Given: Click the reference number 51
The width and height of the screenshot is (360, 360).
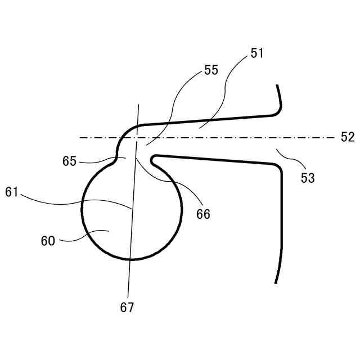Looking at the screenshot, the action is pyautogui.click(x=257, y=54).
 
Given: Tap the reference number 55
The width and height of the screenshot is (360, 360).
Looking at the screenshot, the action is pyautogui.click(x=211, y=70).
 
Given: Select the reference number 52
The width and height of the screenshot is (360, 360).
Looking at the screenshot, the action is pyautogui.click(x=348, y=137).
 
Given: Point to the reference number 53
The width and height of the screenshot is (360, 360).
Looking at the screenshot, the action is pyautogui.click(x=307, y=178).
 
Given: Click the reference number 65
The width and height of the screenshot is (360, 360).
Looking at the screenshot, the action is pyautogui.click(x=70, y=161).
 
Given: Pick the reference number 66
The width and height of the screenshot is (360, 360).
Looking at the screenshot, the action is pyautogui.click(x=203, y=214).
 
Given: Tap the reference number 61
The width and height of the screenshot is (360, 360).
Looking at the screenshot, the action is pyautogui.click(x=12, y=192).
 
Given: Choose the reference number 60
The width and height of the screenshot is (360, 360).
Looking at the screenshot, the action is pyautogui.click(x=48, y=241).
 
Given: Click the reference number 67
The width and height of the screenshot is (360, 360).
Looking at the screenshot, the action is pyautogui.click(x=127, y=308).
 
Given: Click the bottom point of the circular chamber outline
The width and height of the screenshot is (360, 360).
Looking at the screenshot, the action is pyautogui.click(x=131, y=259).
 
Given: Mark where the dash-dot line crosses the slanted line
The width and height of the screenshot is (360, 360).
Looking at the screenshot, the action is pyautogui.click(x=137, y=137).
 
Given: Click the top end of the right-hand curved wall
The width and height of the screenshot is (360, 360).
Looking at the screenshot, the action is pyautogui.click(x=277, y=85).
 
